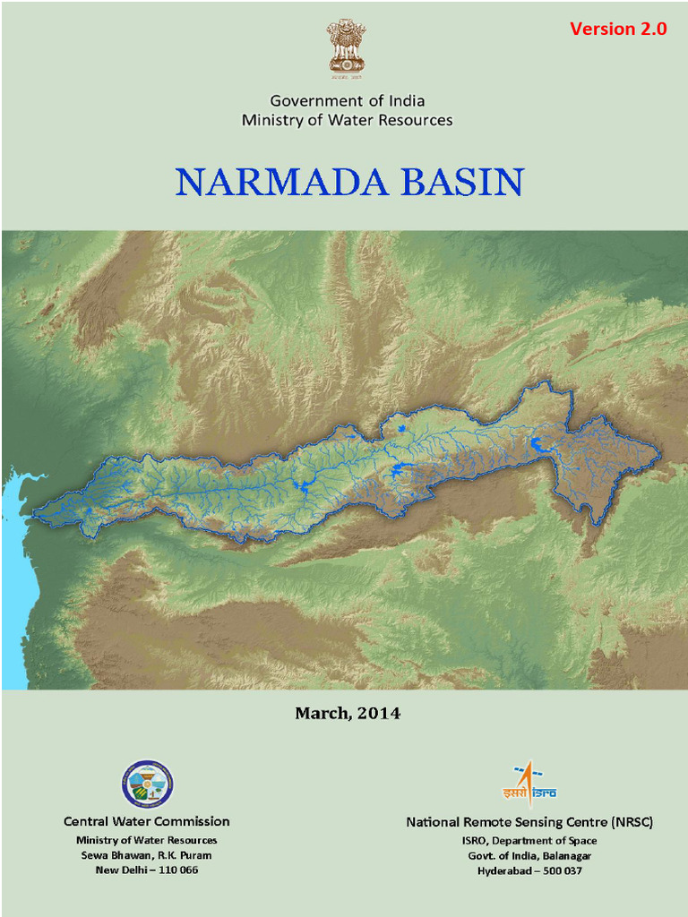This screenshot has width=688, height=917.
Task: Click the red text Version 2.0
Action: pos(618,29)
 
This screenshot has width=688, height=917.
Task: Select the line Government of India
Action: pos(348,100)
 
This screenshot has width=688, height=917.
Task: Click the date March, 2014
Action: pos(348,714)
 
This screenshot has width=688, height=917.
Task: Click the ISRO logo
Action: pos(529,784)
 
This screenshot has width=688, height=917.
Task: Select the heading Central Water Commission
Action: pos(147,821)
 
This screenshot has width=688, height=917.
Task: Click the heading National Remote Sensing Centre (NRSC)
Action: pos(529,822)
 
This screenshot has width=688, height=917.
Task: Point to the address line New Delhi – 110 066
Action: pos(147,870)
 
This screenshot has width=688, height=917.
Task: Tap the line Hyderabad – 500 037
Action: pos(529,870)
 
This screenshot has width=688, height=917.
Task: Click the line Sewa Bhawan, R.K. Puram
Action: pos(147,855)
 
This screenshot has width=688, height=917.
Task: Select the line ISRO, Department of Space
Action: pos(529,841)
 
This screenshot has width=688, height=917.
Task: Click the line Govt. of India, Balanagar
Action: pos(529,855)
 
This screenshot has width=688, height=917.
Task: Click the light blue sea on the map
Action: pos(16,573)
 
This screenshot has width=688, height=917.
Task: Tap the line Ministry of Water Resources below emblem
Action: pos(348,120)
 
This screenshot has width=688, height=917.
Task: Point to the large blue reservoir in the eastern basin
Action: pos(539,444)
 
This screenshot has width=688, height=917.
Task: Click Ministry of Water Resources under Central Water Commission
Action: pos(147,840)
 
